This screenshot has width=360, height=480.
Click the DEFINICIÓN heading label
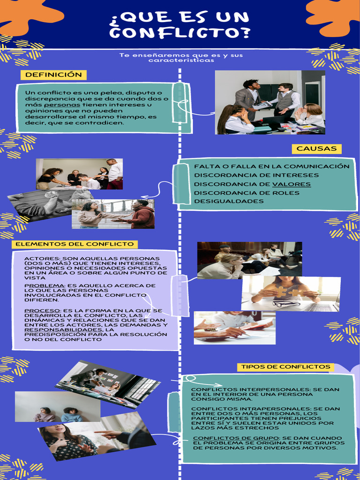tap(53, 75)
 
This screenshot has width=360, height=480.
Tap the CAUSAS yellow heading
tap(316, 149)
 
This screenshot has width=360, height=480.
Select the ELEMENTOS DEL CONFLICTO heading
tap(75, 244)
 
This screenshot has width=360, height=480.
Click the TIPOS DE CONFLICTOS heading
tap(285, 367)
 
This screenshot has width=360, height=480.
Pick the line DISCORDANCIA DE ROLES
tap(247, 193)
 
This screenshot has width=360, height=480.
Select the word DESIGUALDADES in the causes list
tap(229, 201)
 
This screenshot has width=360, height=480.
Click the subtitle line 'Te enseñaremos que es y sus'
tap(181, 55)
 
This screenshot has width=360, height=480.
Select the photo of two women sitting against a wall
tap(58, 406)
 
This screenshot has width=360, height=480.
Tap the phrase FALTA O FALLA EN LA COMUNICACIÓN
tap(272, 166)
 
